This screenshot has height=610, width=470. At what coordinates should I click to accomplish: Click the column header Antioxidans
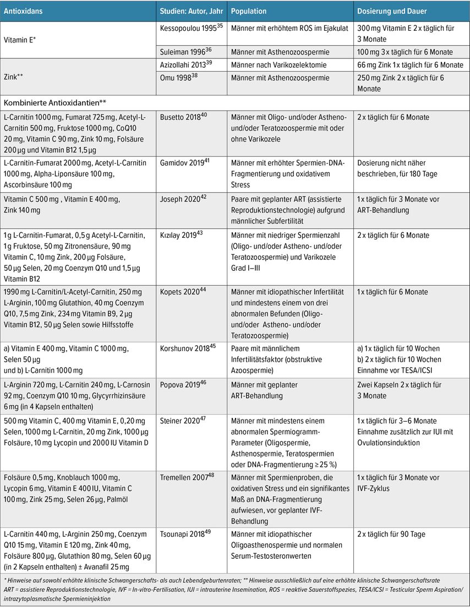point(23,11)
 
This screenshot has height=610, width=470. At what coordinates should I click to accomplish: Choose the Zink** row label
point(15,78)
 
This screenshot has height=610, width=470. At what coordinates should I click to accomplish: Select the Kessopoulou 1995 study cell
point(186,29)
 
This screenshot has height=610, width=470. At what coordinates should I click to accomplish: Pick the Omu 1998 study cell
point(176,78)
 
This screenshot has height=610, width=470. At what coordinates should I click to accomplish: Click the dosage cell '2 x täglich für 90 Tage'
point(391,534)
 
